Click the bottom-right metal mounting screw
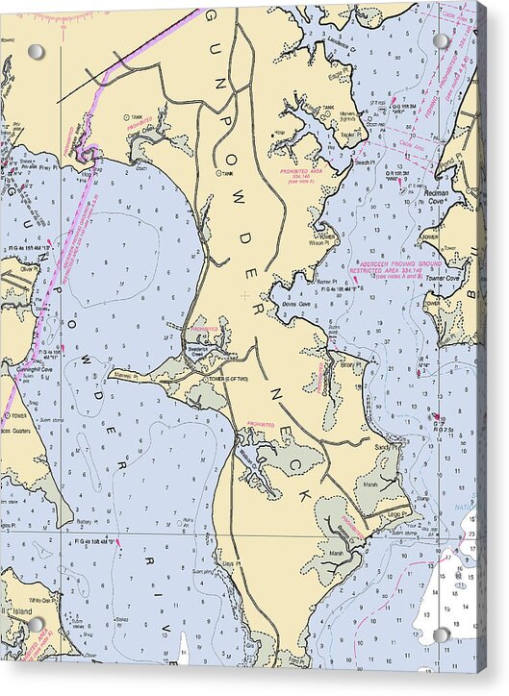pos(441,634)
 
